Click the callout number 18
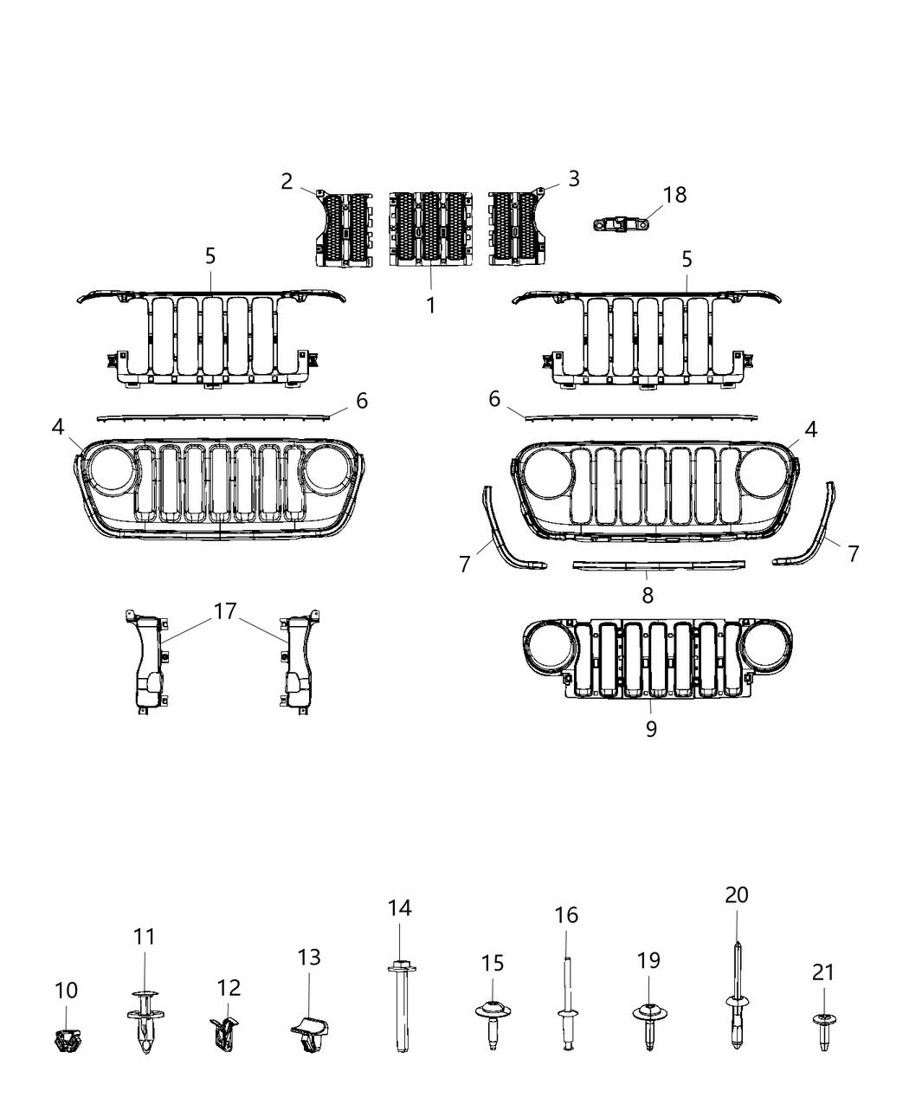click(x=674, y=195)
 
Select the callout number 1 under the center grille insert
click(x=430, y=305)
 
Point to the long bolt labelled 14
click(x=401, y=1004)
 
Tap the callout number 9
click(x=651, y=729)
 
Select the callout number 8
click(x=648, y=595)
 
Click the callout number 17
click(x=225, y=611)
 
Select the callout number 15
click(x=493, y=963)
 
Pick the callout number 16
click(x=566, y=914)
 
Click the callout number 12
click(x=229, y=987)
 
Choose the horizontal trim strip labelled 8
click(x=659, y=565)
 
